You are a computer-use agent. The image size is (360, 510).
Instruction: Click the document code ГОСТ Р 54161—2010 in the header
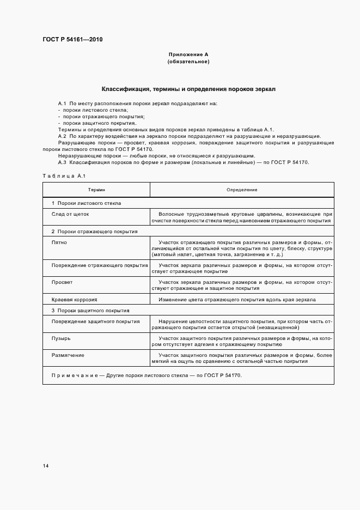pyautogui.click(x=73, y=40)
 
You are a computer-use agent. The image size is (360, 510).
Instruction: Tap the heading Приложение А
pyautogui.click(x=188, y=54)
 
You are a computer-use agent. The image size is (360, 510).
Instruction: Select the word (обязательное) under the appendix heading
pyautogui.click(x=188, y=62)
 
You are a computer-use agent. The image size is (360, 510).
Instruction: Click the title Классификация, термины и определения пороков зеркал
pyautogui.click(x=188, y=88)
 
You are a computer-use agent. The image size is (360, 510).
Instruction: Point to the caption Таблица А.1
pyautogui.click(x=64, y=175)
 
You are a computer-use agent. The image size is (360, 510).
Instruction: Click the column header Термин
pyautogui.click(x=96, y=190)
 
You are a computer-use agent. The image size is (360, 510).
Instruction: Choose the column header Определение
pyautogui.click(x=242, y=190)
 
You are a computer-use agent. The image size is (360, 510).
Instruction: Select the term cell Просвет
pyautogui.click(x=62, y=282)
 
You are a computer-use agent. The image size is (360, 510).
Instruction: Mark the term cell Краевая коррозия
pyautogui.click(x=74, y=300)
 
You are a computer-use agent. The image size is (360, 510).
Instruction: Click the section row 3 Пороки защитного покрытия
pyautogui.click(x=90, y=311)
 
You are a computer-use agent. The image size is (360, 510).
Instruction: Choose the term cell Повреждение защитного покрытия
pyautogui.click(x=95, y=321)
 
